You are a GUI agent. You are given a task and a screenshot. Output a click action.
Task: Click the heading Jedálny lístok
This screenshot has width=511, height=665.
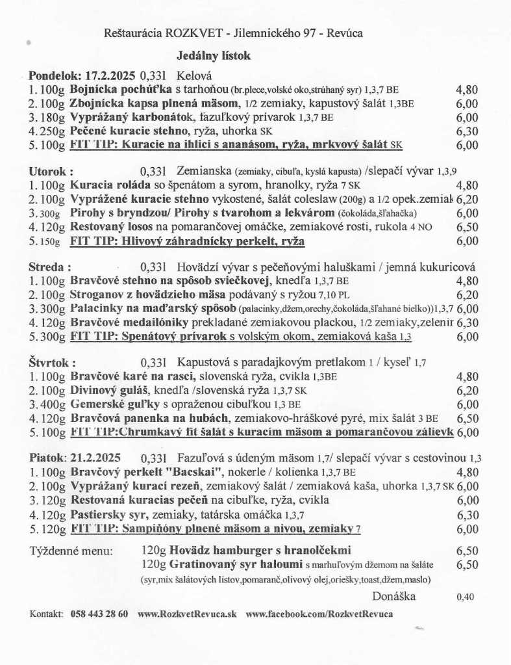click(213, 56)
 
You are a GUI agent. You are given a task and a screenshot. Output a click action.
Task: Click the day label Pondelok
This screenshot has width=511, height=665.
click(51, 75)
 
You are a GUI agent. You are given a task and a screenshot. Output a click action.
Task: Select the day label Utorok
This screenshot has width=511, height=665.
click(47, 172)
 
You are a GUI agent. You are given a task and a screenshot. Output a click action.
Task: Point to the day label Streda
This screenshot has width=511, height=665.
click(47, 267)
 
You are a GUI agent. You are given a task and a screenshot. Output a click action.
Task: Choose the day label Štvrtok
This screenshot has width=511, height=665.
click(50, 362)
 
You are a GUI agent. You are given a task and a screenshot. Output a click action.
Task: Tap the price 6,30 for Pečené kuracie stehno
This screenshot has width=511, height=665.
click(467, 131)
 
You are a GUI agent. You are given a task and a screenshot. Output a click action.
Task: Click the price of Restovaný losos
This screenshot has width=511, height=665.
click(467, 228)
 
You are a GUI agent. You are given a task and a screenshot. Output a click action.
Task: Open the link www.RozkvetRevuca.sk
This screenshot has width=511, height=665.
click(187, 614)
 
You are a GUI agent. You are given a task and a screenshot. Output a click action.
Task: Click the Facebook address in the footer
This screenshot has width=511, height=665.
click(319, 614)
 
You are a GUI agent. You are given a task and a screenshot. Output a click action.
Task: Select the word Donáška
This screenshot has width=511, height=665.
click(393, 596)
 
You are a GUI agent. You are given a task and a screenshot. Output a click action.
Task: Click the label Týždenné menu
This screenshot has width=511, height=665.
click(71, 551)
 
